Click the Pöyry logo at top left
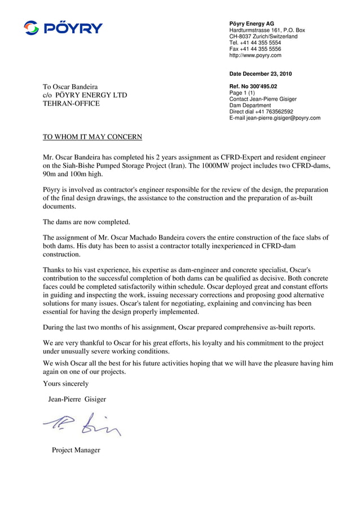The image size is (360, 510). point(63,28)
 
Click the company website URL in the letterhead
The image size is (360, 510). point(255,55)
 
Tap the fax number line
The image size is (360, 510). point(254,49)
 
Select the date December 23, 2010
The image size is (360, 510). point(260,74)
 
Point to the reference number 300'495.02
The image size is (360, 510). point(265,86)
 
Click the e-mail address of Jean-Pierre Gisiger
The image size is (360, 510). point(275,118)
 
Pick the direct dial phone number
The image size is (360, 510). point(261,112)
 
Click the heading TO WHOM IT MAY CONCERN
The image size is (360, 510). point(93,137)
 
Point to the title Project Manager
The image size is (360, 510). point(76,450)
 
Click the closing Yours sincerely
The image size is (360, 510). point(65,384)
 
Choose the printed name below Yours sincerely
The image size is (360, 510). point(77,399)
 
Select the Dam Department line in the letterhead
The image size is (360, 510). point(250,106)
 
